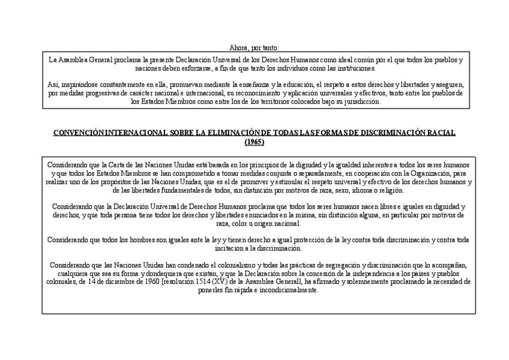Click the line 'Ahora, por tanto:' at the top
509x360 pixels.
pos(254,47)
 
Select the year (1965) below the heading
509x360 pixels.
pos(254,142)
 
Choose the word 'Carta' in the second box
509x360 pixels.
pos(116,164)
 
